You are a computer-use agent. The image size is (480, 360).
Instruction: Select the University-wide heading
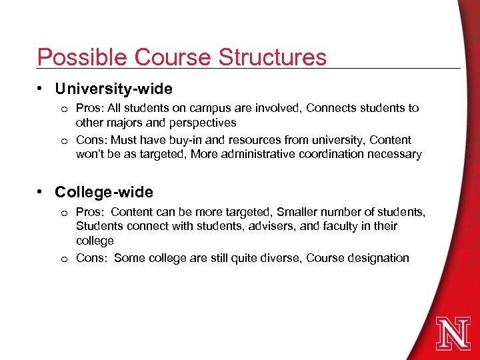(x=113, y=89)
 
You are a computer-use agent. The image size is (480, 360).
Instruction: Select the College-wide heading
(x=104, y=193)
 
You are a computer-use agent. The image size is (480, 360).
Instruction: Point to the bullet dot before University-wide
(x=41, y=88)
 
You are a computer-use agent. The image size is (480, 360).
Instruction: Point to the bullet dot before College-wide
(x=41, y=192)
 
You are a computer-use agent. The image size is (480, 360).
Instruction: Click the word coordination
(x=311, y=155)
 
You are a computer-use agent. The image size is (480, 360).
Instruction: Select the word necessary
(x=393, y=155)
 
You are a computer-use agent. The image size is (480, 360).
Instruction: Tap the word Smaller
(x=295, y=212)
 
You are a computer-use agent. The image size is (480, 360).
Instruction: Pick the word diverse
(x=279, y=258)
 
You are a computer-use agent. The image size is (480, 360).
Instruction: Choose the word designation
(x=379, y=258)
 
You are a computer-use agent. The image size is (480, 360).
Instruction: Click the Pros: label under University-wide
(x=89, y=108)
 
